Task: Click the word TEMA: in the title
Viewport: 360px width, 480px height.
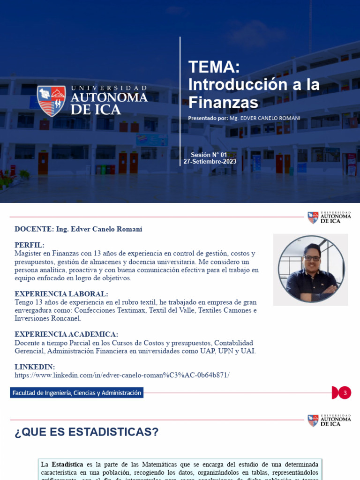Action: (x=214, y=67)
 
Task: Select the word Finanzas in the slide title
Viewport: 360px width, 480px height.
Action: (x=223, y=103)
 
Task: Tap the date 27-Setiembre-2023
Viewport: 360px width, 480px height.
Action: (x=210, y=162)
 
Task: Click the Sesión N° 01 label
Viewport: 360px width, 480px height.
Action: (x=209, y=155)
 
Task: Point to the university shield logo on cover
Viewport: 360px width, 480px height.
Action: (x=52, y=100)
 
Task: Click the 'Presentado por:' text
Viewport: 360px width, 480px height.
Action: (x=208, y=118)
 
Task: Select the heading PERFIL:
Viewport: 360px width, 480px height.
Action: (x=30, y=245)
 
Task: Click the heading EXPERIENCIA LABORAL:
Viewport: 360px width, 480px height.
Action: (x=61, y=294)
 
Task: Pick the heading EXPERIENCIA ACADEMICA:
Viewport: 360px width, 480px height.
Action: (x=66, y=334)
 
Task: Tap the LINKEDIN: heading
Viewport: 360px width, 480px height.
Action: (x=35, y=367)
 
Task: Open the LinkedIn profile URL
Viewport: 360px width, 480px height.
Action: (x=122, y=375)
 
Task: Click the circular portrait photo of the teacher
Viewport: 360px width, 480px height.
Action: (x=311, y=269)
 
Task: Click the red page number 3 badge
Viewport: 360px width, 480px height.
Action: (x=345, y=393)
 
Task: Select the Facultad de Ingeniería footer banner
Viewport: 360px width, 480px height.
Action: (x=76, y=393)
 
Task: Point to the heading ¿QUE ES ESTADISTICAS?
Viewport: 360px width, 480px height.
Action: (x=87, y=432)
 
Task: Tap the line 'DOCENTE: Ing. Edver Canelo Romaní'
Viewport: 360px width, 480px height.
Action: (x=78, y=229)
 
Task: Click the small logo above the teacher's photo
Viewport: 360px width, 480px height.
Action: (x=329, y=217)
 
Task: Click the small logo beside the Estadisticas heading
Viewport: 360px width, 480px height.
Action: (x=329, y=420)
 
